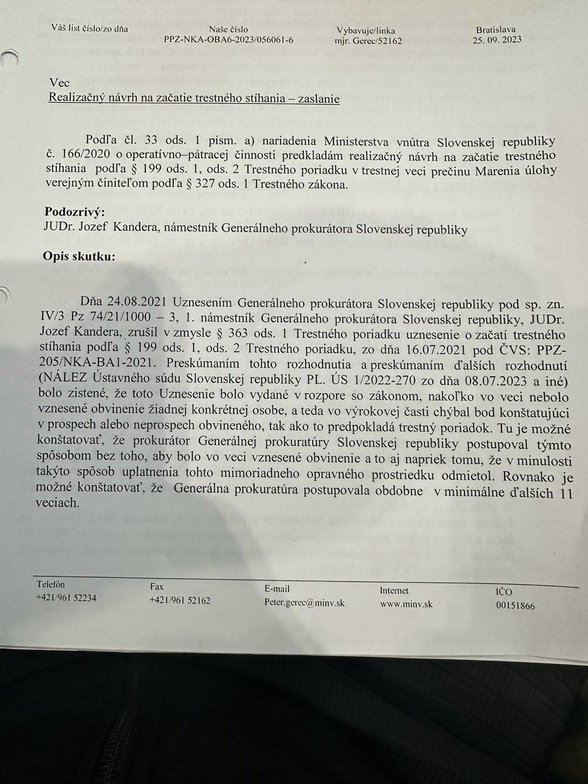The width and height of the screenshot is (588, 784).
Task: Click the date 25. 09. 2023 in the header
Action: click(x=497, y=40)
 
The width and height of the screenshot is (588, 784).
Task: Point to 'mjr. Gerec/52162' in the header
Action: click(x=368, y=41)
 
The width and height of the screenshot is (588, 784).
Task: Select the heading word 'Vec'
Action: click(x=59, y=83)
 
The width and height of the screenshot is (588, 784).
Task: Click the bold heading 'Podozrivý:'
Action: click(x=74, y=212)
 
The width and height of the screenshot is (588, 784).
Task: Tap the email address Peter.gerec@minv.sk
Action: click(x=304, y=603)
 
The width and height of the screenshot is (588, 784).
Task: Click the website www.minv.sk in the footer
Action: click(x=406, y=604)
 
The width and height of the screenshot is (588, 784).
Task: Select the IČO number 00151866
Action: click(x=515, y=606)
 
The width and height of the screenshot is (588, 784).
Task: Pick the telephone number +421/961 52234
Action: click(x=66, y=598)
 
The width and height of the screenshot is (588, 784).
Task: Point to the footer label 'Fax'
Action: click(x=157, y=587)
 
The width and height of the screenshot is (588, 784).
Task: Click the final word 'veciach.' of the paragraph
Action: click(x=57, y=503)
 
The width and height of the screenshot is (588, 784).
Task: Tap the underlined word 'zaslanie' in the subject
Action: click(x=319, y=98)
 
